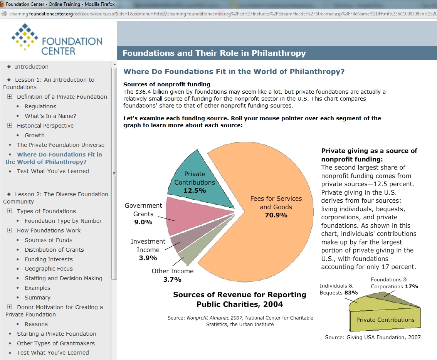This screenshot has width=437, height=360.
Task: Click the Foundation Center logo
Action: pyautogui.click(x=57, y=39)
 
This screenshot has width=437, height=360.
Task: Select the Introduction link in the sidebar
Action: pyautogui.click(x=32, y=67)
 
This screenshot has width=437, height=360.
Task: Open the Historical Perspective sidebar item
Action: pyautogui.click(x=45, y=126)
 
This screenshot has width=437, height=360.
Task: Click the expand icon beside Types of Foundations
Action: pyautogui.click(x=10, y=211)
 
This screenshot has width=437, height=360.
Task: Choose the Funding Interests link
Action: pyautogui.click(x=49, y=259)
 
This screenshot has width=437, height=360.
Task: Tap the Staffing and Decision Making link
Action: pyautogui.click(x=64, y=278)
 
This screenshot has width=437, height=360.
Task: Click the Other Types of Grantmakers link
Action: pyautogui.click(x=55, y=343)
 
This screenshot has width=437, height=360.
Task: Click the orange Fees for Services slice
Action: pyautogui.click(x=270, y=231)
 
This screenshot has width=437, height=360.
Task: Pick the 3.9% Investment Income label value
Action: pyautogui.click(x=148, y=258)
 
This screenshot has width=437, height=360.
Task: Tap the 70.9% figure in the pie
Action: pyautogui.click(x=276, y=215)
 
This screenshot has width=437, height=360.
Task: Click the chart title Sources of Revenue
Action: pyautogui.click(x=239, y=299)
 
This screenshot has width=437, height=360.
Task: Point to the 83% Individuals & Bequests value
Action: pyautogui.click(x=351, y=293)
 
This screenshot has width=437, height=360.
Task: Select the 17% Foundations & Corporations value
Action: pyautogui.click(x=411, y=287)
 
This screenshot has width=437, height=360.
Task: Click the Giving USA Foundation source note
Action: pyautogui.click(x=373, y=337)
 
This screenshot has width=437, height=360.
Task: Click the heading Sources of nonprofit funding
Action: pyautogui.click(x=167, y=84)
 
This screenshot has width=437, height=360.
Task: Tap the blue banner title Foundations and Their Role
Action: pyautogui.click(x=214, y=53)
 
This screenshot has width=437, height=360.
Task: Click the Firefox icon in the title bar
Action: pyautogui.click(x=2, y=4)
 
